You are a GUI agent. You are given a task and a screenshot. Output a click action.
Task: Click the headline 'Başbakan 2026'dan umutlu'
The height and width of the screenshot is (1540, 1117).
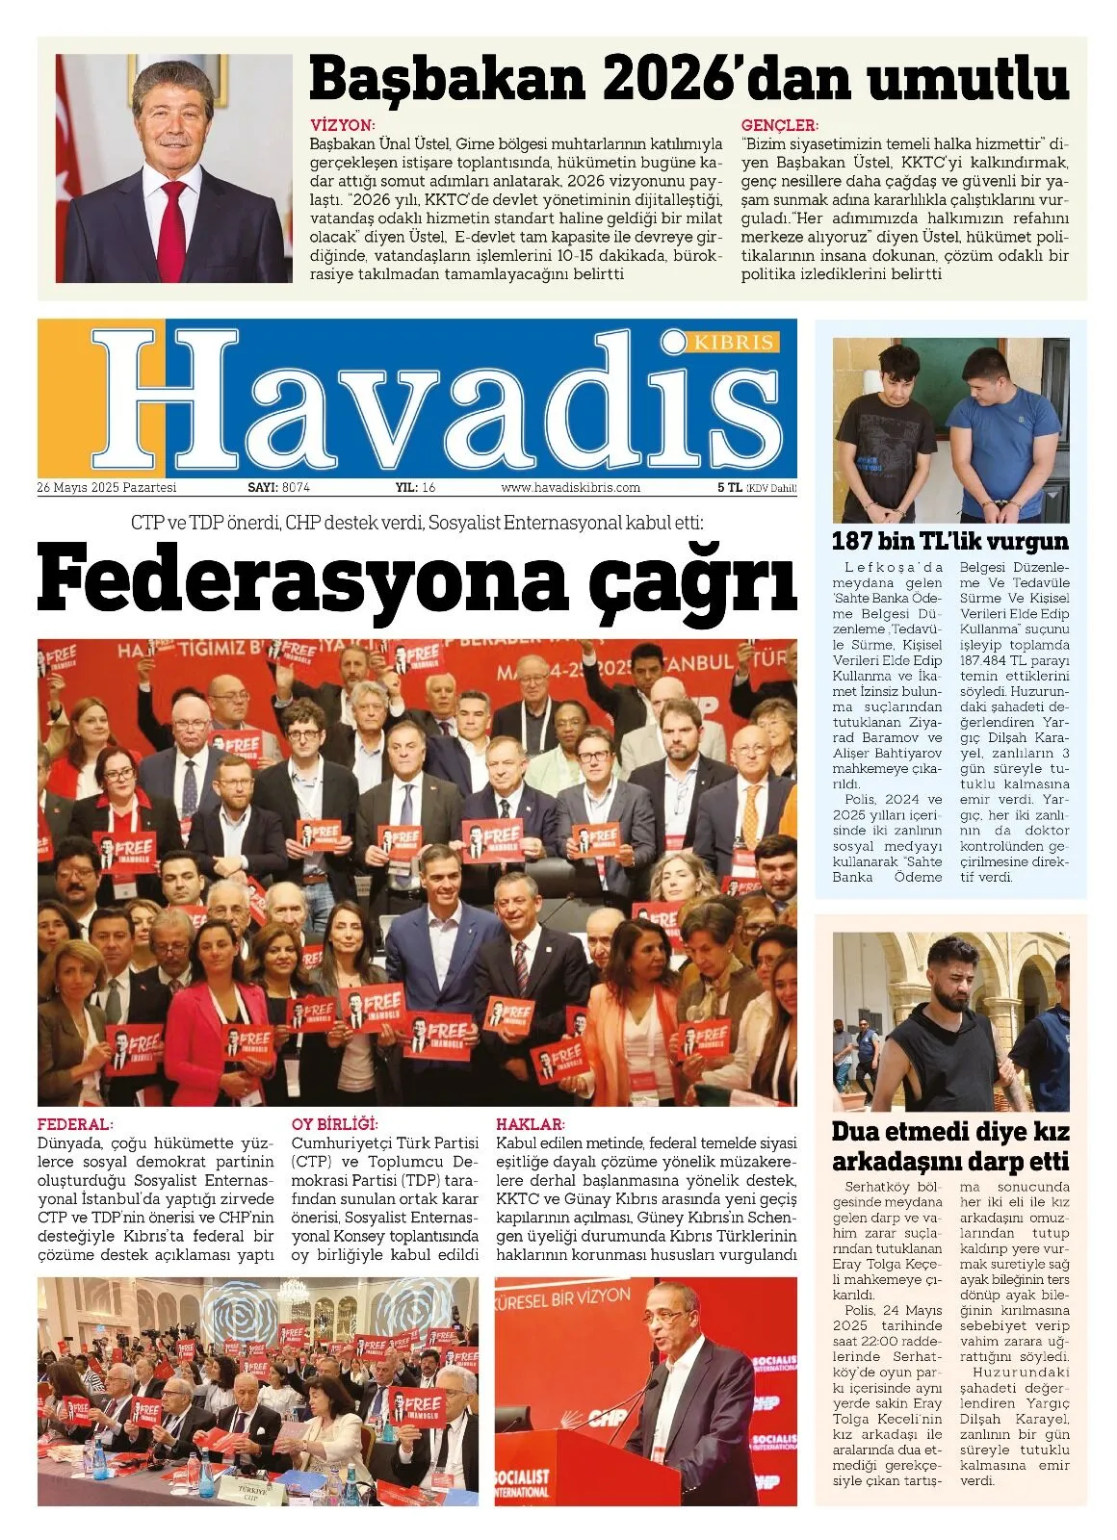click(x=688, y=81)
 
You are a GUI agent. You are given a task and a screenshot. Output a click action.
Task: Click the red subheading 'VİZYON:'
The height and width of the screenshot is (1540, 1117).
click(x=343, y=125)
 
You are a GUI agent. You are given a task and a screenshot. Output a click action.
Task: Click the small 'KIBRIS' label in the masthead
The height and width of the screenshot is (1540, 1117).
click(x=734, y=342)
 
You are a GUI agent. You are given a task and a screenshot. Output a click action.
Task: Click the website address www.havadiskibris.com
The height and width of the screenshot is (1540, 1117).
click(x=570, y=488)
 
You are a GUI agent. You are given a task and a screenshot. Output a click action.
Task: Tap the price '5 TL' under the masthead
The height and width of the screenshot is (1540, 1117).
click(x=729, y=488)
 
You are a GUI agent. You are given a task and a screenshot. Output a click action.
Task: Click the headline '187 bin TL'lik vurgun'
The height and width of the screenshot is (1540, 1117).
click(x=949, y=540)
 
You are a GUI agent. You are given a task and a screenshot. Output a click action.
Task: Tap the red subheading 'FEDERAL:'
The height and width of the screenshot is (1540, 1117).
click(x=75, y=1123)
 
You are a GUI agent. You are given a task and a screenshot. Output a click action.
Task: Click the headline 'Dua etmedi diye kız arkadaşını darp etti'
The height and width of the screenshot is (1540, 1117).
click(x=950, y=1145)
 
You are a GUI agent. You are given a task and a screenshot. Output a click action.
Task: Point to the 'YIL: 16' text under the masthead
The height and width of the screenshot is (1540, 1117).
click(x=415, y=488)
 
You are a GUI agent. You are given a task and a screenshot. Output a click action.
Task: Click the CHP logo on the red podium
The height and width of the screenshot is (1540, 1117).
click(x=607, y=1417)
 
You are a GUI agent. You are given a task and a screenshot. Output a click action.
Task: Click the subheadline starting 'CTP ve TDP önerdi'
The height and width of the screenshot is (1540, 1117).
click(x=417, y=524)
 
